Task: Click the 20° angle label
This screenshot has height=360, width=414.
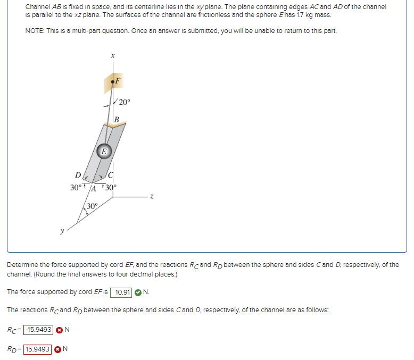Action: point(124,103)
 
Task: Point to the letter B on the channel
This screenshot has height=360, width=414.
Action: point(116,119)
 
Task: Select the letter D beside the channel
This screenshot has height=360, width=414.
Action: point(78,175)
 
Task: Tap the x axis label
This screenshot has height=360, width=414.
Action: point(113,55)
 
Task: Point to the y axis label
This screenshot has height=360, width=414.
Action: point(62,231)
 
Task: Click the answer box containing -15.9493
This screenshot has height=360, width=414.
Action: point(37,330)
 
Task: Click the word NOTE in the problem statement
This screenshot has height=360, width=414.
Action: point(36,30)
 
